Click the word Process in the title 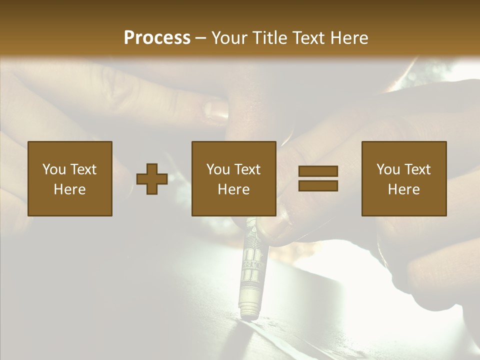157,38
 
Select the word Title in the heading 270,38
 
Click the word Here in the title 349,38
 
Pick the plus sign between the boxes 152,179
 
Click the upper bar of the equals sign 318,171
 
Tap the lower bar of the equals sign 318,185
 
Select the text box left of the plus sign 70,178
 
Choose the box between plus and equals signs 233,178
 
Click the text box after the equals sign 403,178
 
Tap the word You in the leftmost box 54,169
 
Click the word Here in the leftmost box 70,189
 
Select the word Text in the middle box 247,169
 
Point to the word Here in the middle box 233,189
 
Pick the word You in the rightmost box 388,169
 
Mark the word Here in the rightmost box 403,189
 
